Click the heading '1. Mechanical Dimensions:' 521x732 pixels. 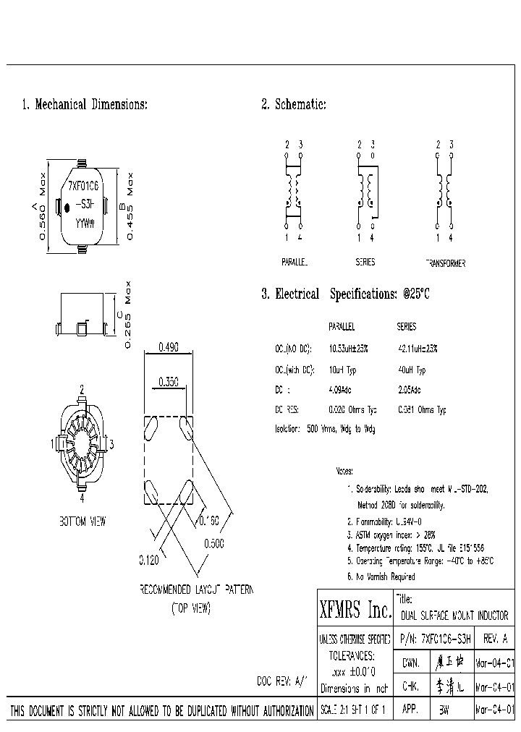[85, 105]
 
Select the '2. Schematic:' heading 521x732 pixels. [293, 105]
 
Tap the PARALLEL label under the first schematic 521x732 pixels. [295, 263]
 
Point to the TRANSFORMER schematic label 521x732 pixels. [445, 263]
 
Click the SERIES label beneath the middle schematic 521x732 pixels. [365, 263]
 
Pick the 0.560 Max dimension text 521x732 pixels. [42, 206]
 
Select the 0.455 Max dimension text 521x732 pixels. [131, 206]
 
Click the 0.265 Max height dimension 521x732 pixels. [129, 315]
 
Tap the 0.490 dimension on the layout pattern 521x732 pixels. [168, 346]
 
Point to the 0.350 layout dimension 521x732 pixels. [168, 383]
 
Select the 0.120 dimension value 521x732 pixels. [149, 560]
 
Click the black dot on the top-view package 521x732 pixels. [67, 208]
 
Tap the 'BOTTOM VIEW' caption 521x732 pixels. [82, 521]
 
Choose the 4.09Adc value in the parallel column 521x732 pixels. [341, 390]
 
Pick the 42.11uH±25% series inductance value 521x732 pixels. [418, 348]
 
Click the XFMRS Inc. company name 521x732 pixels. [355, 611]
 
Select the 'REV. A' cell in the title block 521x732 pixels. [494, 639]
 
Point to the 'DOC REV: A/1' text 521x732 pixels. [282, 681]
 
